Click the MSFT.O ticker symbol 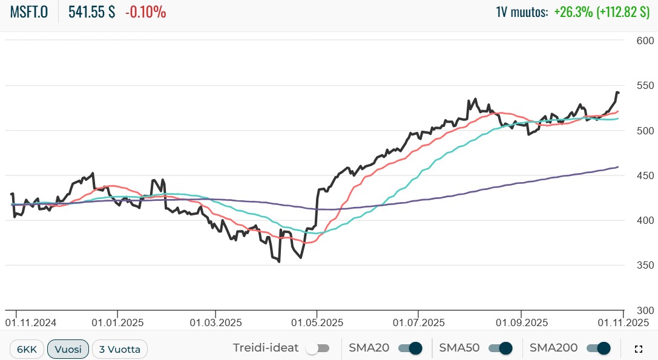(x=29, y=12)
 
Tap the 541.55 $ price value (x=91, y=12)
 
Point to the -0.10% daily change (x=145, y=12)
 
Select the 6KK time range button (x=27, y=349)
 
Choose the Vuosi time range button (x=68, y=349)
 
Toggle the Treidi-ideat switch (x=317, y=349)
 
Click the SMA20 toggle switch (x=410, y=349)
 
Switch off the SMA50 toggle (x=501, y=349)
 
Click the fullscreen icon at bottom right (x=638, y=349)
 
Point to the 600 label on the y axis (x=646, y=41)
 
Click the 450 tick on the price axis (x=646, y=175)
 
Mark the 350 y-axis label (x=646, y=265)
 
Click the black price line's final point (x=618, y=93)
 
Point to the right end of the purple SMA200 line (x=618, y=166)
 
